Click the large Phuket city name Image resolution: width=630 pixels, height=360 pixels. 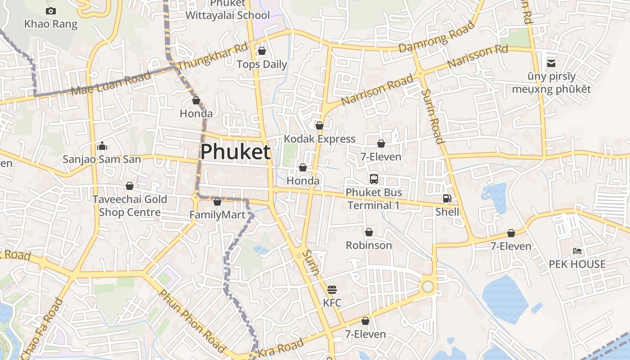click(235, 152)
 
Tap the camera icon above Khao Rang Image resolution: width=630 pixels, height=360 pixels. click(51, 11)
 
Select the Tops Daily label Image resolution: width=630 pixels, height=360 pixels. click(261, 64)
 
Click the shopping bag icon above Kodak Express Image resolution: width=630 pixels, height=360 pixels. click(319, 126)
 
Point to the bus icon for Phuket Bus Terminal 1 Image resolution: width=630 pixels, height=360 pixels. click(374, 179)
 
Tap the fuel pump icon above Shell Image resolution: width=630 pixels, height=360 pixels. click(447, 198)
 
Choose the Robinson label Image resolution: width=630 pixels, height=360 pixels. click(369, 245)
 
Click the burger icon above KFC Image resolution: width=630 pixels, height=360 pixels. click(332, 289)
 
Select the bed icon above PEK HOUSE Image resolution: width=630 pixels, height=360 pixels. click(577, 251)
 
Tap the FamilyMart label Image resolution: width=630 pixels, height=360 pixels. click(217, 215)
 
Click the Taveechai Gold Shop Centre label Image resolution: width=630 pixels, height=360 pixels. click(130, 206)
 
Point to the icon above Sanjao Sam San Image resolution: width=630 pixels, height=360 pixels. click(102, 146)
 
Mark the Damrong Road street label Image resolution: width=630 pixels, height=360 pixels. click(436, 36)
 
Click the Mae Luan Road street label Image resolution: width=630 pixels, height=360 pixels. click(111, 83)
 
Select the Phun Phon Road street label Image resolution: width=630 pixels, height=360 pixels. click(192, 321)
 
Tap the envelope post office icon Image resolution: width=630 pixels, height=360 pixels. click(551, 63)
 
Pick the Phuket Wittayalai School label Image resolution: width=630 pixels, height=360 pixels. click(228, 10)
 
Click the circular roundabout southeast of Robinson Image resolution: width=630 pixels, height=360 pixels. click(427, 287)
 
